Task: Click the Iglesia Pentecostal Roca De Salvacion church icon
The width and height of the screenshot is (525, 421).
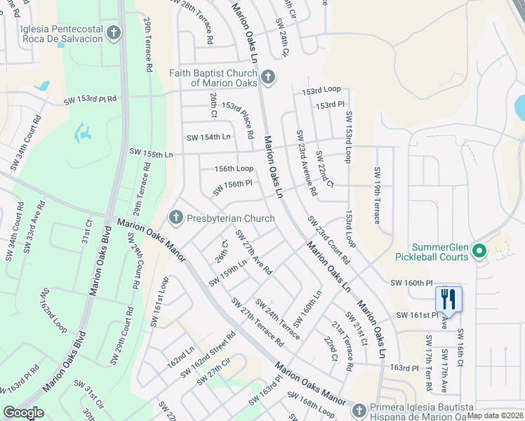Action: coord(113,32)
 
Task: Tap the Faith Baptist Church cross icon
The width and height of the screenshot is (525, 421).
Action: coord(267,76)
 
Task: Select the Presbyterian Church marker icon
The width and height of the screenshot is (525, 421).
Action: coord(176,218)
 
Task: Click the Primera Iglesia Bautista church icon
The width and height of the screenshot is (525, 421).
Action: coord(359,409)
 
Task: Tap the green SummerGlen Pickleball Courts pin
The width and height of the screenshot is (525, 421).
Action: coord(480,250)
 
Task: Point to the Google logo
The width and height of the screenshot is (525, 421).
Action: coord(23,413)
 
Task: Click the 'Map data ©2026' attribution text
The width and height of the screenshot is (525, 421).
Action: coord(496,415)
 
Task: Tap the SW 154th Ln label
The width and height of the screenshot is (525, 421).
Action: coord(208,137)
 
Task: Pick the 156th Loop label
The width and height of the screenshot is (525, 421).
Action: coord(234,168)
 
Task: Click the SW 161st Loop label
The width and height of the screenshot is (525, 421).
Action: coord(159,301)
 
